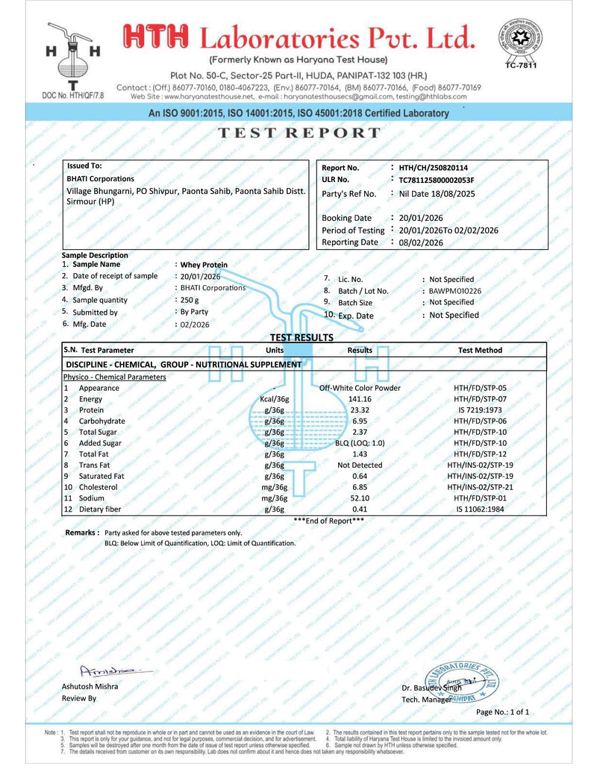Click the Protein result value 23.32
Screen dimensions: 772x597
point(360,409)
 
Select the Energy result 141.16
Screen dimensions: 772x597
point(360,399)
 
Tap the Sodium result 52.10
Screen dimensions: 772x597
point(360,498)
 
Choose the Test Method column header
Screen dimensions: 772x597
point(480,350)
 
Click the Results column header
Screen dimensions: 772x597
point(360,350)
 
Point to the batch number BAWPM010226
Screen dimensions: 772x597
point(455,291)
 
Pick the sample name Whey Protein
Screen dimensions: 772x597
point(204,265)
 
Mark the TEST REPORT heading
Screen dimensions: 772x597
point(298,134)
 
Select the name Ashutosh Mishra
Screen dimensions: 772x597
point(90,686)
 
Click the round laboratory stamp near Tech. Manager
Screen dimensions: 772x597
point(461,679)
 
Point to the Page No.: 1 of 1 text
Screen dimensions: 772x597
point(502,712)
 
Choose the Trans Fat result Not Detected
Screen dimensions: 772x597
point(360,465)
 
